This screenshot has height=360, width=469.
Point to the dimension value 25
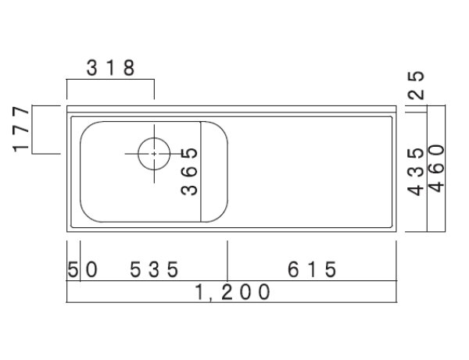(x=417, y=86)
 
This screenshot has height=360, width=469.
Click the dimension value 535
(x=155, y=269)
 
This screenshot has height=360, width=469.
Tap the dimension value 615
(x=312, y=269)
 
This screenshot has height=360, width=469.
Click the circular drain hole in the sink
(x=154, y=153)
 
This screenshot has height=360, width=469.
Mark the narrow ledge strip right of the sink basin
(x=216, y=170)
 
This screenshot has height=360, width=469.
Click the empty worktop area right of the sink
(x=313, y=172)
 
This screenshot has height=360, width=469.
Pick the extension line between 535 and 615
(x=227, y=262)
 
